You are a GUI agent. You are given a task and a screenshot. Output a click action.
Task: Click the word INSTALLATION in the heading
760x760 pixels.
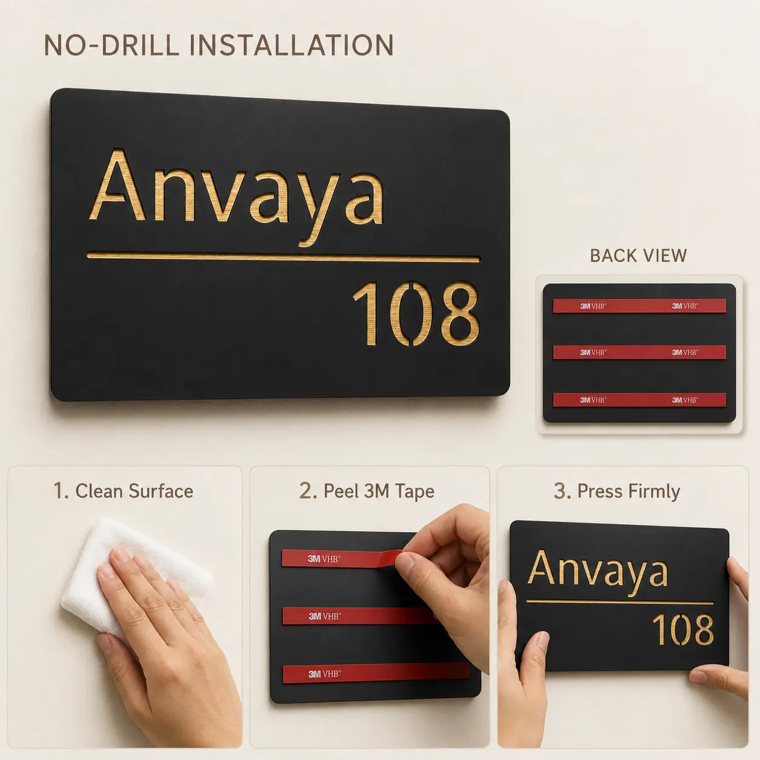292,45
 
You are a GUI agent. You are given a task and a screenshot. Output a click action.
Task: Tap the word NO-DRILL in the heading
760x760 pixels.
112,45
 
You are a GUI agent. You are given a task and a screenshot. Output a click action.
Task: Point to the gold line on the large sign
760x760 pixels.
283,258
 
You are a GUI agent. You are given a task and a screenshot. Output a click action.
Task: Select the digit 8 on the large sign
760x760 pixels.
459,313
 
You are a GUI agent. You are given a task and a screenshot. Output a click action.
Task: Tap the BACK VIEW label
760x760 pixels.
639,256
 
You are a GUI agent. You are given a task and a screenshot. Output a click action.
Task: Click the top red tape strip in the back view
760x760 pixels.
639,305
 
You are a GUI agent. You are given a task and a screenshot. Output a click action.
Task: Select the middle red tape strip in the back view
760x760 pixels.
639,352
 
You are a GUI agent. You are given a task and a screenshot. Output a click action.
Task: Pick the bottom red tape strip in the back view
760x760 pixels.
639,399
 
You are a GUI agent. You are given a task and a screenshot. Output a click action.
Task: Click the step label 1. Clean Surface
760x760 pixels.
124,492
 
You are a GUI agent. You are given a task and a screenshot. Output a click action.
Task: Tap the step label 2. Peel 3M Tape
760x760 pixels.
367,492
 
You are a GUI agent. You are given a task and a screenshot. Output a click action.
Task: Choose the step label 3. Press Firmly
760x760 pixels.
617,492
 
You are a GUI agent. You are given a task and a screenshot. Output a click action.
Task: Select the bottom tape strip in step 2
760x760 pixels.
376,673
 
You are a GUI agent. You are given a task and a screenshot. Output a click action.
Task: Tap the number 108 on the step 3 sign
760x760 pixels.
683,630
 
